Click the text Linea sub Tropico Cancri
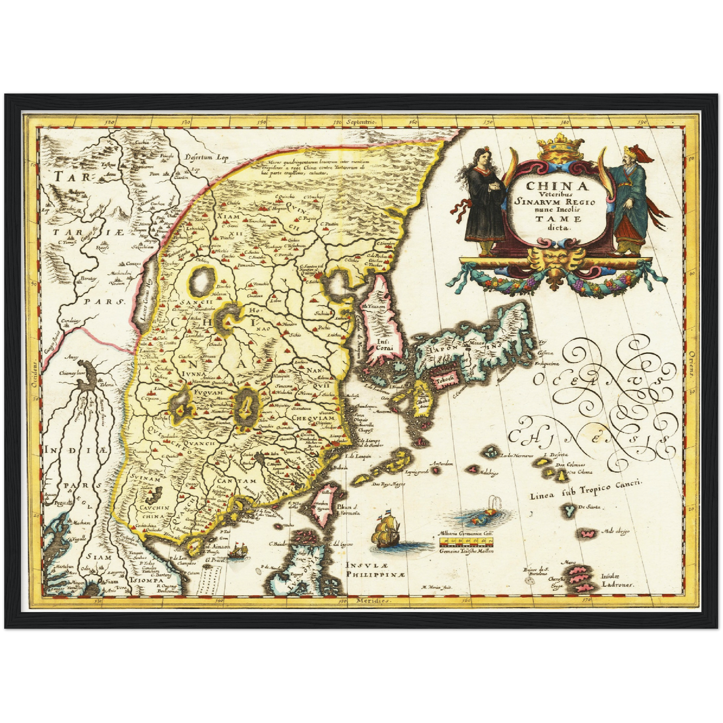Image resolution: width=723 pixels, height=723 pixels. click(x=585, y=489)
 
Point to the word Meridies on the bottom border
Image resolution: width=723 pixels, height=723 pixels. click(x=372, y=600)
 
